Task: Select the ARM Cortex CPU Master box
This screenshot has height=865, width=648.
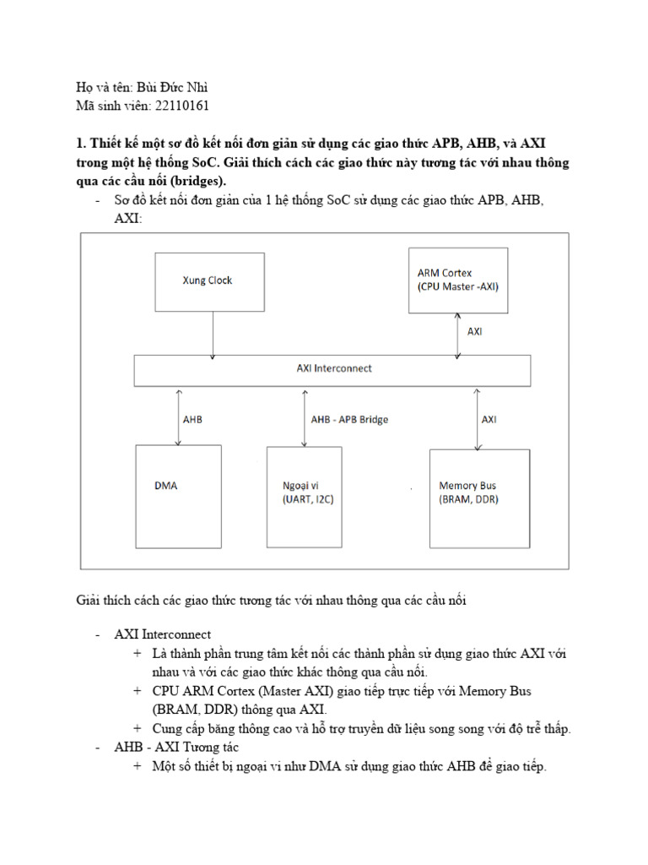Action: click(x=458, y=280)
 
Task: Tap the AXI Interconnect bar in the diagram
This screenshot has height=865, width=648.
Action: click(x=333, y=369)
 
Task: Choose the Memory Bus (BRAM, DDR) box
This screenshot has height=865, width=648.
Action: click(x=479, y=498)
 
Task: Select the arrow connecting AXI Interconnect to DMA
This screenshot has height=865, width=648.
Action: click(x=176, y=416)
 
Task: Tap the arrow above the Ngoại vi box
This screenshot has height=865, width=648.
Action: click(x=305, y=416)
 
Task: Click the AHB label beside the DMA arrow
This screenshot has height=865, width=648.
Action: click(x=192, y=419)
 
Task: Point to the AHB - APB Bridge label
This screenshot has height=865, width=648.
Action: click(x=349, y=419)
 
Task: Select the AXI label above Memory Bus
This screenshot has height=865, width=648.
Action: click(x=489, y=419)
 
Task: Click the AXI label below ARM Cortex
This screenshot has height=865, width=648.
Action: click(x=475, y=331)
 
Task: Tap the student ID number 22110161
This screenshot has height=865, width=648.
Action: click(x=179, y=106)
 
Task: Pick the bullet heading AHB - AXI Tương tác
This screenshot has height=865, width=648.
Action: click(x=177, y=748)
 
